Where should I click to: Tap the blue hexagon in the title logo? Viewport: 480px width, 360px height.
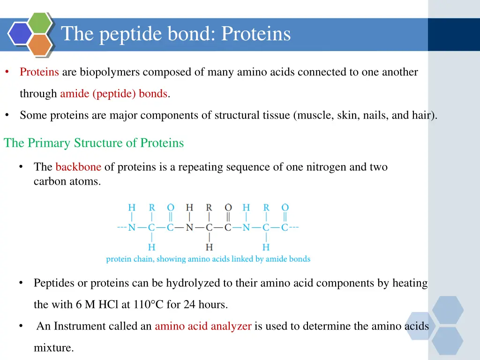(x=20, y=33)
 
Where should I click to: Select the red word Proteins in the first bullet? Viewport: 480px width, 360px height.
(x=39, y=72)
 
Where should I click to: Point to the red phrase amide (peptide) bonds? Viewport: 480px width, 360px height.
(x=113, y=94)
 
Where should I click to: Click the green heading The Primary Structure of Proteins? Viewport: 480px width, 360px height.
(x=94, y=143)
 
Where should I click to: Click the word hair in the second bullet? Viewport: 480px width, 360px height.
(x=421, y=115)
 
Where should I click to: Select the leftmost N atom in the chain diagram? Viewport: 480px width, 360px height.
(x=132, y=228)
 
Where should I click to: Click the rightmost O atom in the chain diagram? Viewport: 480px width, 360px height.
(x=285, y=208)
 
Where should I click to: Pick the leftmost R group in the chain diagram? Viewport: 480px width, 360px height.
(x=152, y=208)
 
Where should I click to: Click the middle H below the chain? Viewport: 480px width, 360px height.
(x=209, y=247)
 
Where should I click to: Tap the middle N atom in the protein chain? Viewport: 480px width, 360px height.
(x=189, y=228)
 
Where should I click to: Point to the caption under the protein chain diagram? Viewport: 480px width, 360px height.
(x=208, y=259)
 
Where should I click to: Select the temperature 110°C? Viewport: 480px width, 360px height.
(x=148, y=305)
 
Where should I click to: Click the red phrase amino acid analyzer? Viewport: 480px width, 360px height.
(x=203, y=326)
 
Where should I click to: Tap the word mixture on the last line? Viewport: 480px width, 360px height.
(x=54, y=348)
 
